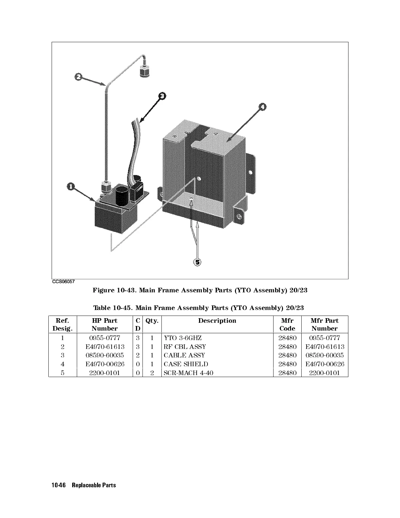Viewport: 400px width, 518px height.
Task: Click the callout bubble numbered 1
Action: pyautogui.click(x=71, y=187)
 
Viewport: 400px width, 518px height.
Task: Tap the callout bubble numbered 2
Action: pyautogui.click(x=78, y=77)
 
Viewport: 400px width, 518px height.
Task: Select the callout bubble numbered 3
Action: pyautogui.click(x=162, y=96)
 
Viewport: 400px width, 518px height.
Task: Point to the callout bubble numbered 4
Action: pyautogui.click(x=262, y=107)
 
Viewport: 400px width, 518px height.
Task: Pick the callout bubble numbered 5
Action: pyautogui.click(x=197, y=262)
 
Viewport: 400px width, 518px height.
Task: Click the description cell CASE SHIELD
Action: pyautogui.click(x=186, y=364)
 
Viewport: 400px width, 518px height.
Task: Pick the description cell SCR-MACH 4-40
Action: pyautogui.click(x=188, y=373)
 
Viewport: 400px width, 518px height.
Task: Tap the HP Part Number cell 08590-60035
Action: pyautogui.click(x=105, y=355)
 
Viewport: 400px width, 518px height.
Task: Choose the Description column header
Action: pyautogui.click(x=217, y=321)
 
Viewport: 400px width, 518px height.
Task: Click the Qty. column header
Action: pyautogui.click(x=152, y=321)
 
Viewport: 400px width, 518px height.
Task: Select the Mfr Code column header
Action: pyautogui.click(x=287, y=324)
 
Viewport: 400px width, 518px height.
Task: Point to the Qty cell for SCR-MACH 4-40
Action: pyautogui.click(x=152, y=373)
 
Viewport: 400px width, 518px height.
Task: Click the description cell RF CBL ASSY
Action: pyautogui.click(x=185, y=347)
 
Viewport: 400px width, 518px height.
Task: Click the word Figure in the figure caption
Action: pyautogui.click(x=103, y=290)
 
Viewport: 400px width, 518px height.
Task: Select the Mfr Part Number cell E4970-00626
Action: pyautogui.click(x=325, y=364)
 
